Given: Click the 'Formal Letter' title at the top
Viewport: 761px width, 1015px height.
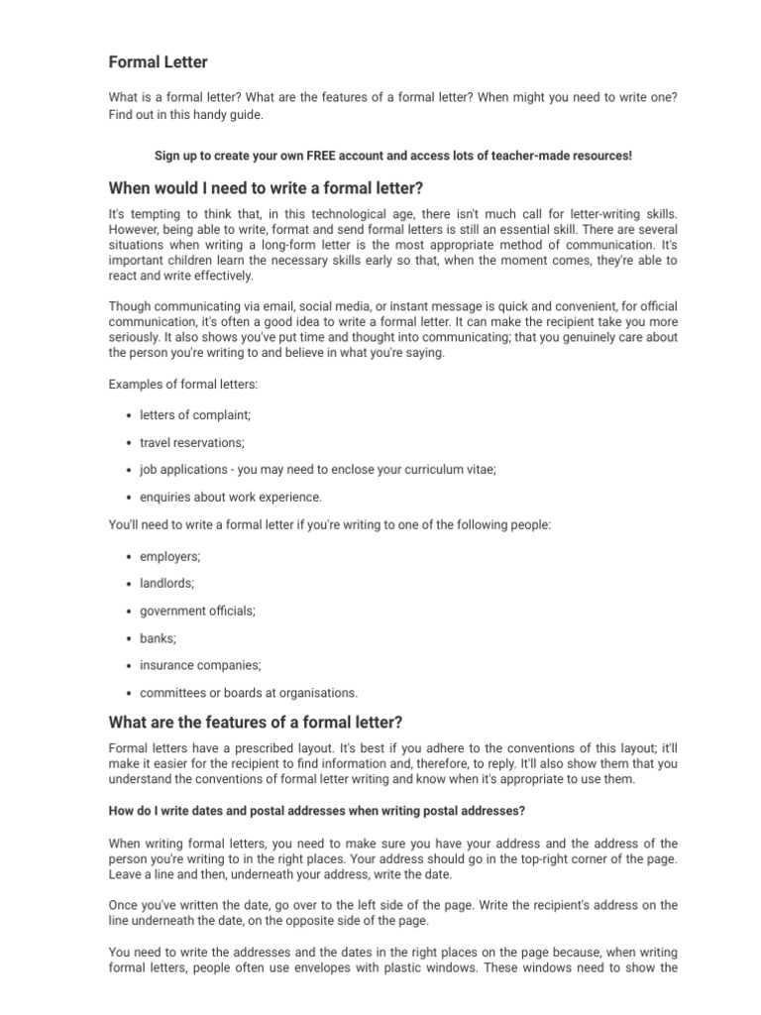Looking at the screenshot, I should (158, 62).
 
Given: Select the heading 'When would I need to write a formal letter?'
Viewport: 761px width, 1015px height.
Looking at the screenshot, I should (266, 188).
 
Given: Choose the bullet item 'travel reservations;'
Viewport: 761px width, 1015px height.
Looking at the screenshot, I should (191, 442).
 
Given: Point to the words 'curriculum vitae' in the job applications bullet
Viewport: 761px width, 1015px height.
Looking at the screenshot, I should (450, 470).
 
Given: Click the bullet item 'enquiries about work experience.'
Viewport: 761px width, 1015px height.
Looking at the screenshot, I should (231, 498).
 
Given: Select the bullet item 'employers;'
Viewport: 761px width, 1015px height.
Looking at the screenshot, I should (169, 557).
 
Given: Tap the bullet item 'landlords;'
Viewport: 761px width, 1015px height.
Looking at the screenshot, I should (166, 584).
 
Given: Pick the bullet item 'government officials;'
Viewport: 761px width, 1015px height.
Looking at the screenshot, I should (197, 612).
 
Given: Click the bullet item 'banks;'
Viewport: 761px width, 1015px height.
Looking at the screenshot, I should (158, 638).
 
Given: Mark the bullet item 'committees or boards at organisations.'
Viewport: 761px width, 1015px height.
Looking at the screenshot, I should (249, 693).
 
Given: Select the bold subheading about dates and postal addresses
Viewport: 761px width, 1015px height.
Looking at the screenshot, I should (316, 811).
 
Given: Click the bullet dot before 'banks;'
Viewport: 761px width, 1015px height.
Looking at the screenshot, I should (130, 639).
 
